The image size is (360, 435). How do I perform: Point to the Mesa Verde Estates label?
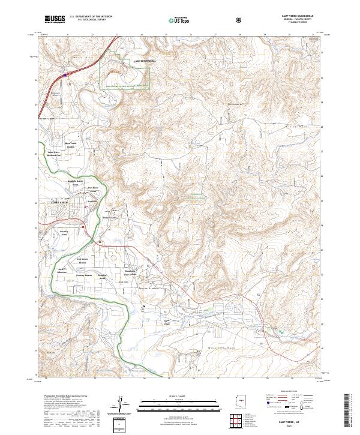click(x=71, y=146)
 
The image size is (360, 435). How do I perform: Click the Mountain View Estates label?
click(x=132, y=272)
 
